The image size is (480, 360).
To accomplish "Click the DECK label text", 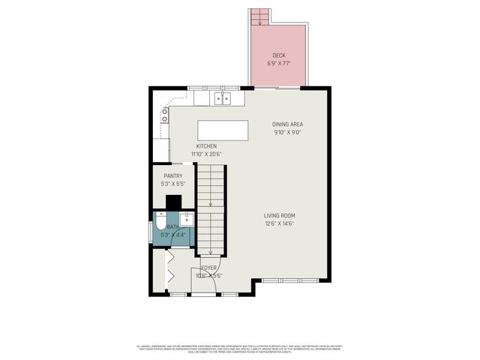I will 278,55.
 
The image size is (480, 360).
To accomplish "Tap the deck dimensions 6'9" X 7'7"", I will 278,64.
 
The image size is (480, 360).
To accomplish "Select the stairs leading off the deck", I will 259,16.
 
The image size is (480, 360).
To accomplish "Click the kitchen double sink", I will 223,97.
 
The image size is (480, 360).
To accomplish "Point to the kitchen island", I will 222,130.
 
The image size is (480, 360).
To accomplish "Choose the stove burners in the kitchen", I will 164,115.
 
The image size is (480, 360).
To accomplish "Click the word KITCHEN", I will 207,145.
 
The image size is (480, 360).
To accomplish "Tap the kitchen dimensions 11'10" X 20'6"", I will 207,154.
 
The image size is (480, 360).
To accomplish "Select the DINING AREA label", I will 287,124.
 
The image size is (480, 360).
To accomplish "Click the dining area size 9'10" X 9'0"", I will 287,133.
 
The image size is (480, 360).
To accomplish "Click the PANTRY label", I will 173,176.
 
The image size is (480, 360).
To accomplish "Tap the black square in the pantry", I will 173,202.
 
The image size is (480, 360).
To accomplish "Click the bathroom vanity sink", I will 187,219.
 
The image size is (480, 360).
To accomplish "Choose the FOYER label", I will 209,268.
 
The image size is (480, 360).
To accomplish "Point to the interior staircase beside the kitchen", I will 211,210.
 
